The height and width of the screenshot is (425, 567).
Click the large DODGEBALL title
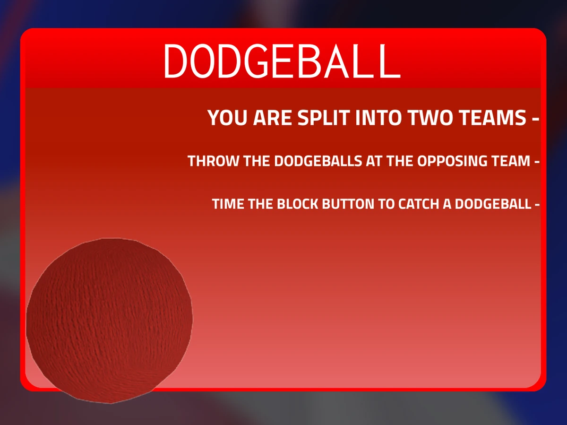[282, 61]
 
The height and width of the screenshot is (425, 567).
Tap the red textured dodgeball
[109, 320]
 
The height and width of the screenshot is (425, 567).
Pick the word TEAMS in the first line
[491, 118]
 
